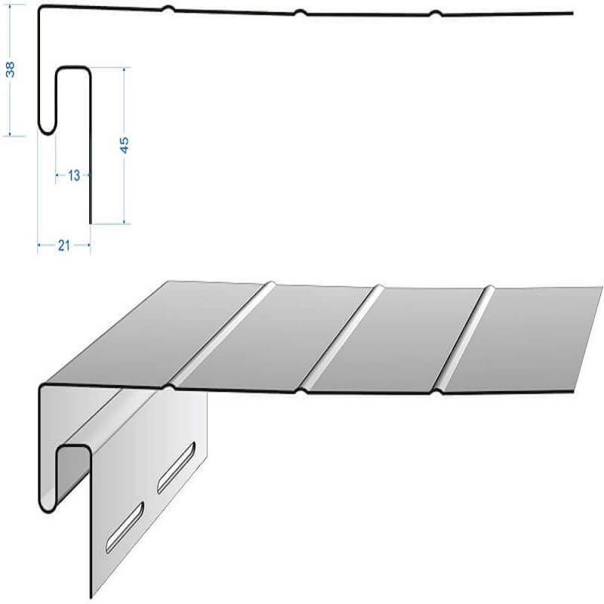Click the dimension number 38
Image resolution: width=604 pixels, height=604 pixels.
[11, 69]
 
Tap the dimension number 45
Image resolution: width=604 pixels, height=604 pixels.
[124, 145]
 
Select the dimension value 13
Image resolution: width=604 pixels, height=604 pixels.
[73, 176]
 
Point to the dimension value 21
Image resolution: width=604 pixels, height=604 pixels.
[64, 245]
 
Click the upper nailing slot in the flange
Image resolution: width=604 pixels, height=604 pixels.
[176, 467]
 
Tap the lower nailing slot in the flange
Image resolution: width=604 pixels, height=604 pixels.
[125, 527]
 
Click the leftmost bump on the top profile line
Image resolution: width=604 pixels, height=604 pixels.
[168, 8]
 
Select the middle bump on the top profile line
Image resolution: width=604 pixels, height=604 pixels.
[300, 13]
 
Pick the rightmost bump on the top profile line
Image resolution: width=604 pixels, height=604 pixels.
[436, 14]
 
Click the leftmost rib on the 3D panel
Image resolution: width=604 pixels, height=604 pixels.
[220, 334]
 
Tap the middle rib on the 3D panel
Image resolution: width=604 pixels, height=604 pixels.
[342, 338]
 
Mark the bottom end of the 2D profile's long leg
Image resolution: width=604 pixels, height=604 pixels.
[91, 223]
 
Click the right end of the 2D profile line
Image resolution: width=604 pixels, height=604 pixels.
[572, 13]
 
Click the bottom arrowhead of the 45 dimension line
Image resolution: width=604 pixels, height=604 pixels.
[124, 221]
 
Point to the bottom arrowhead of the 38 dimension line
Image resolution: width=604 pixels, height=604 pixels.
[10, 134]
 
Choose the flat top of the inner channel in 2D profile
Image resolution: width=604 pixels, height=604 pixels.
[73, 68]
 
